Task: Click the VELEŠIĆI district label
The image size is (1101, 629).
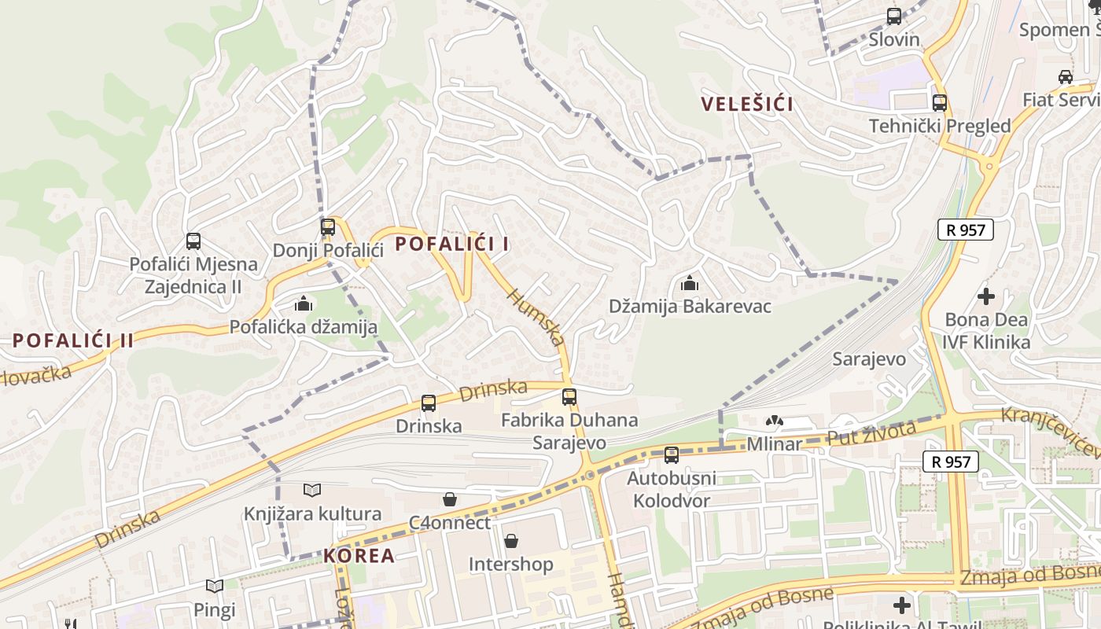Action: (746, 104)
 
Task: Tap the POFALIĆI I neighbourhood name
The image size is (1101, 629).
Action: (451, 244)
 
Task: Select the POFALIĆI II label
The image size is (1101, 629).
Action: (72, 340)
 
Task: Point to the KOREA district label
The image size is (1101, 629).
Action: (359, 555)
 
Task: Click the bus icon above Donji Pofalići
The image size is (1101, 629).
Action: (328, 227)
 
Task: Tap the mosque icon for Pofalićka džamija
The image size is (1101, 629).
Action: (304, 303)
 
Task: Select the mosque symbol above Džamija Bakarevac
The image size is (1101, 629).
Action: (690, 283)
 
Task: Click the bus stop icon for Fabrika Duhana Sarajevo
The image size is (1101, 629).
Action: (569, 397)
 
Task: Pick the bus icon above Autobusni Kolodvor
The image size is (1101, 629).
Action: (671, 454)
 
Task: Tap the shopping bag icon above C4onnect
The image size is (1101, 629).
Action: (450, 499)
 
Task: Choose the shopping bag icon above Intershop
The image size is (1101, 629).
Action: (511, 541)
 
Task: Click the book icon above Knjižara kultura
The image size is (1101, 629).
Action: (312, 491)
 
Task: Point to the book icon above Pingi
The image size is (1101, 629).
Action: (215, 586)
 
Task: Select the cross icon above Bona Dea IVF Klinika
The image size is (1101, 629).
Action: (985, 296)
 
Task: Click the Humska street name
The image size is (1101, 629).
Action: (536, 316)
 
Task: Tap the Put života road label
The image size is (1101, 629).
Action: (871, 433)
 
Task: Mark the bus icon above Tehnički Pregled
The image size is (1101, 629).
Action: (939, 102)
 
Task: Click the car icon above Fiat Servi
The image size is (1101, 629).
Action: (1066, 76)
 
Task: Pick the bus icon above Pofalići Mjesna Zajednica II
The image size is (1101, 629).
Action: (193, 241)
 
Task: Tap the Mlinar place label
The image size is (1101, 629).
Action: (775, 443)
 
